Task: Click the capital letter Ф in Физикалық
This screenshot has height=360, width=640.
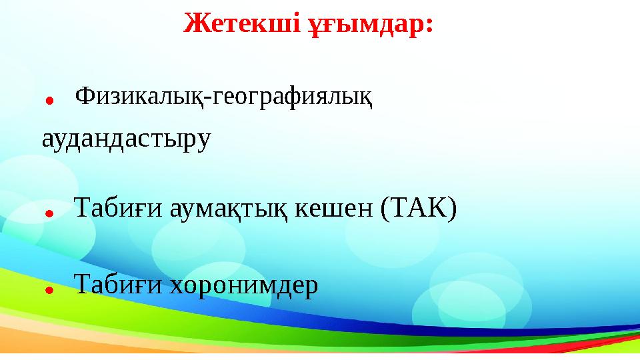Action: point(85,97)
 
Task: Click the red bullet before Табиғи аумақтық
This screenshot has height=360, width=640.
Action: point(49,213)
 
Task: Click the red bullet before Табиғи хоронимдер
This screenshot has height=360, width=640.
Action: point(49,289)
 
